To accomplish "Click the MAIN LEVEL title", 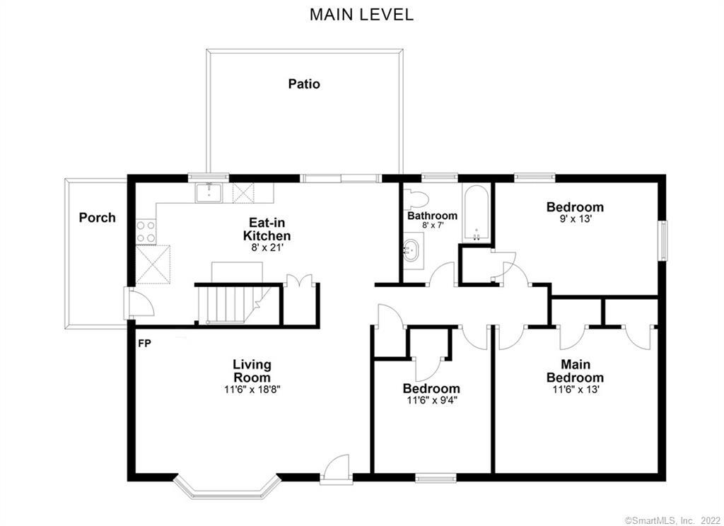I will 361,14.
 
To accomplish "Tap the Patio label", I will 304,83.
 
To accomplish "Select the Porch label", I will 97,217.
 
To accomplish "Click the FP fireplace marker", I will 144,344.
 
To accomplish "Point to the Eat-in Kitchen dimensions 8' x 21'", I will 267,248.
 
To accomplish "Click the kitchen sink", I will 209,191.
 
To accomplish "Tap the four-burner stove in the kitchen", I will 146,230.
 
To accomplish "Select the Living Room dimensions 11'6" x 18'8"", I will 252,390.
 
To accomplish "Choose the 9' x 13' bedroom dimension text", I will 575,219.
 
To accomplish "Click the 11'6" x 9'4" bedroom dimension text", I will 431,401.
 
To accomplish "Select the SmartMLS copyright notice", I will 672,520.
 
